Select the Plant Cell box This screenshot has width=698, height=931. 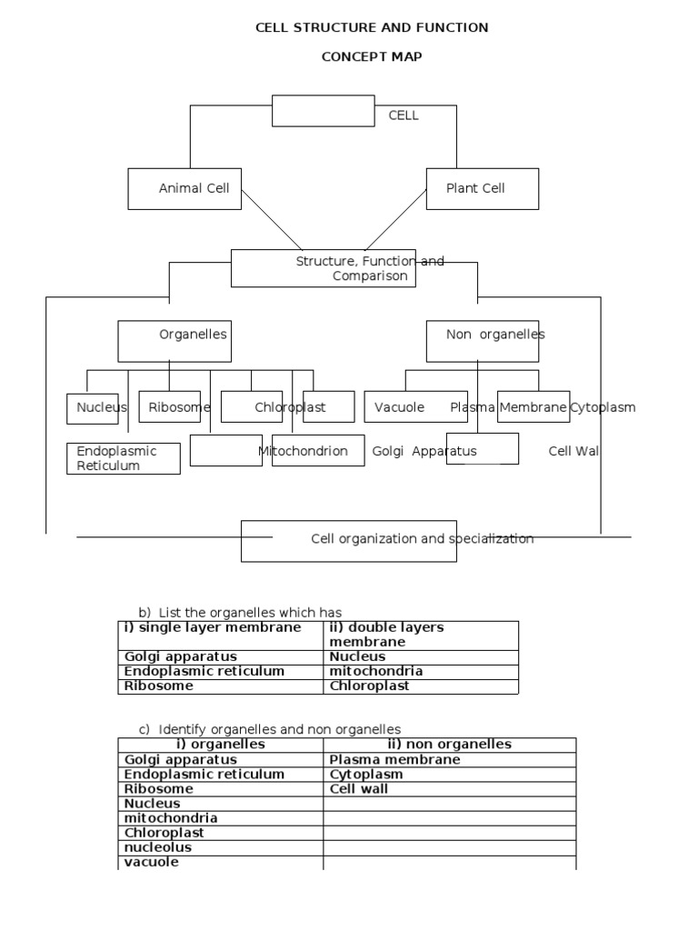(x=482, y=189)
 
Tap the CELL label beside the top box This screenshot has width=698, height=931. (x=404, y=115)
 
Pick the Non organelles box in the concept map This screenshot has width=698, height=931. (x=482, y=340)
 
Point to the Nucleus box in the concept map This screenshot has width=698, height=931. (x=93, y=408)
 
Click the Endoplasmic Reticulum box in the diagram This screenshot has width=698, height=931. (x=123, y=458)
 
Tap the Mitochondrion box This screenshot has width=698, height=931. (x=305, y=451)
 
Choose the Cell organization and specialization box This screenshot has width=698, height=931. (x=348, y=540)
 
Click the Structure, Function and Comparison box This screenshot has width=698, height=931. (x=324, y=268)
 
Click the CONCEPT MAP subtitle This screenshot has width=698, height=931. (x=372, y=56)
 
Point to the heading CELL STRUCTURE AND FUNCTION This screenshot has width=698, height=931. (x=372, y=28)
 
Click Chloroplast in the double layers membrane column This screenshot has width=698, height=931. (x=369, y=686)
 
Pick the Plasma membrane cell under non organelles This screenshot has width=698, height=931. (x=394, y=760)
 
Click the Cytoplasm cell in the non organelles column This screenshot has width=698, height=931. (x=366, y=775)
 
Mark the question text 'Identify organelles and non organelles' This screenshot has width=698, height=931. (x=280, y=729)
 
